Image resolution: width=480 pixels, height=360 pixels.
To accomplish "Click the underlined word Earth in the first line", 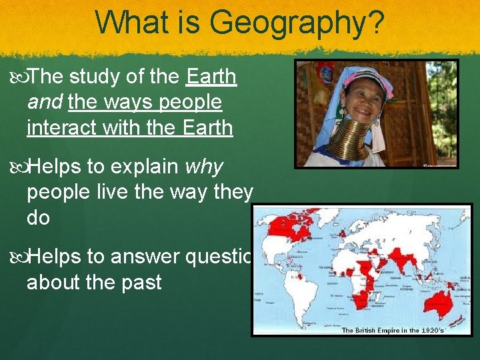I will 211,77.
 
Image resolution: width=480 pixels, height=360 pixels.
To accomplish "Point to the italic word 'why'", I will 205,167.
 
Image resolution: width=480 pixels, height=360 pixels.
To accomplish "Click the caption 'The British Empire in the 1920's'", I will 392,330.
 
